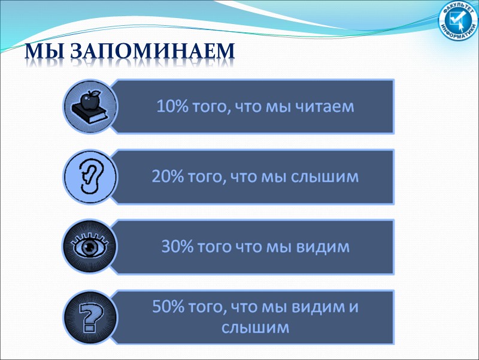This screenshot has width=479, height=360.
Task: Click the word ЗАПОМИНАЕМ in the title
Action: point(153,53)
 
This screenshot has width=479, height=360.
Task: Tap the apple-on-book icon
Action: point(89,106)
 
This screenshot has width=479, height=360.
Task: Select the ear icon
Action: point(89,176)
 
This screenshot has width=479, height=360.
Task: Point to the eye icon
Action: point(89,247)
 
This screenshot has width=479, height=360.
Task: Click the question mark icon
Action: point(89,317)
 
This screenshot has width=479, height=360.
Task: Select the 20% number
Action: point(165,177)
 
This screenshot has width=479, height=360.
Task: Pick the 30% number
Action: point(176,247)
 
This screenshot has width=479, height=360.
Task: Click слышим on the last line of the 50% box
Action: point(256,328)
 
